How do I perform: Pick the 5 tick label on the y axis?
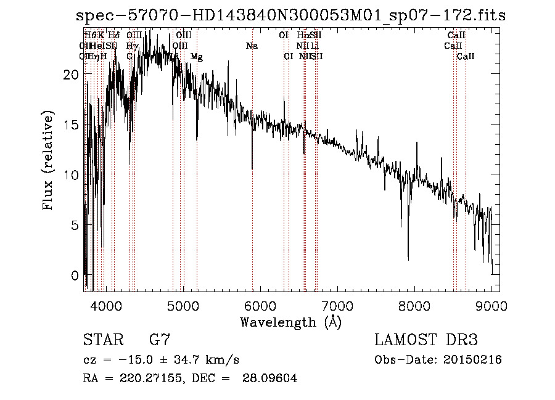[75, 225]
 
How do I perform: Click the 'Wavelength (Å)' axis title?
[290, 322]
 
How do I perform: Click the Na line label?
[252, 46]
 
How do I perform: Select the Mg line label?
[196, 57]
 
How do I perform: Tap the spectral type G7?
[159, 340]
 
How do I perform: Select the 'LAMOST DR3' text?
[426, 340]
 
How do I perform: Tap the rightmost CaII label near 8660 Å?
[466, 57]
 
